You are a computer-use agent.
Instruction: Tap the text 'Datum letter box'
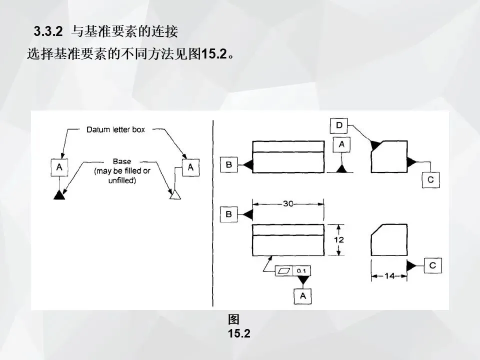(115, 129)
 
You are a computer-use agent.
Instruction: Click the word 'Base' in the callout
(122, 161)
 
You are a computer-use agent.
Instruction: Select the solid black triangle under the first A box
(59, 194)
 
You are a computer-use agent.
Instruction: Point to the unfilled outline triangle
(174, 194)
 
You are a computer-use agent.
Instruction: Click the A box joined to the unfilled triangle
(190, 167)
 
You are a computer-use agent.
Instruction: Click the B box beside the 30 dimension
(228, 214)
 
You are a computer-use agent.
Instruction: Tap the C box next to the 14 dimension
(432, 265)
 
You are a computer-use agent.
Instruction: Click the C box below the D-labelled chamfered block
(430, 179)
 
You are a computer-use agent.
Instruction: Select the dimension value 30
(287, 203)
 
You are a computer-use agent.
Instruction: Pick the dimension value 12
(339, 240)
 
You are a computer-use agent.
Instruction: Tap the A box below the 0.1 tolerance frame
(302, 296)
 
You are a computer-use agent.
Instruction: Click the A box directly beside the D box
(342, 144)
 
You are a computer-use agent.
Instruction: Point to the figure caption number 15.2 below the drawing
(239, 333)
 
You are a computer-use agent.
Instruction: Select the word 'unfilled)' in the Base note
(122, 180)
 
